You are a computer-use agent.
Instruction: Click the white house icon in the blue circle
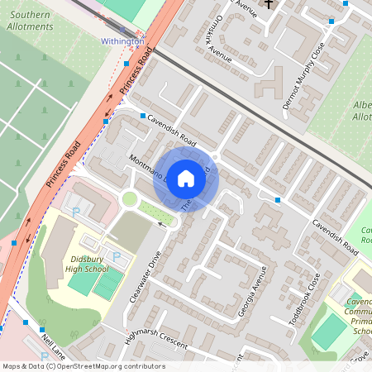tap(186, 178)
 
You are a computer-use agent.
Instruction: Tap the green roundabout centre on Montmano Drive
tap(129, 198)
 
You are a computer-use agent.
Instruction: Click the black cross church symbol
tap(269, 4)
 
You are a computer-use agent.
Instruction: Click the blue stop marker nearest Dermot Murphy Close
tap(332, 22)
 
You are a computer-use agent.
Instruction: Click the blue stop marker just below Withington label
tap(126, 63)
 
